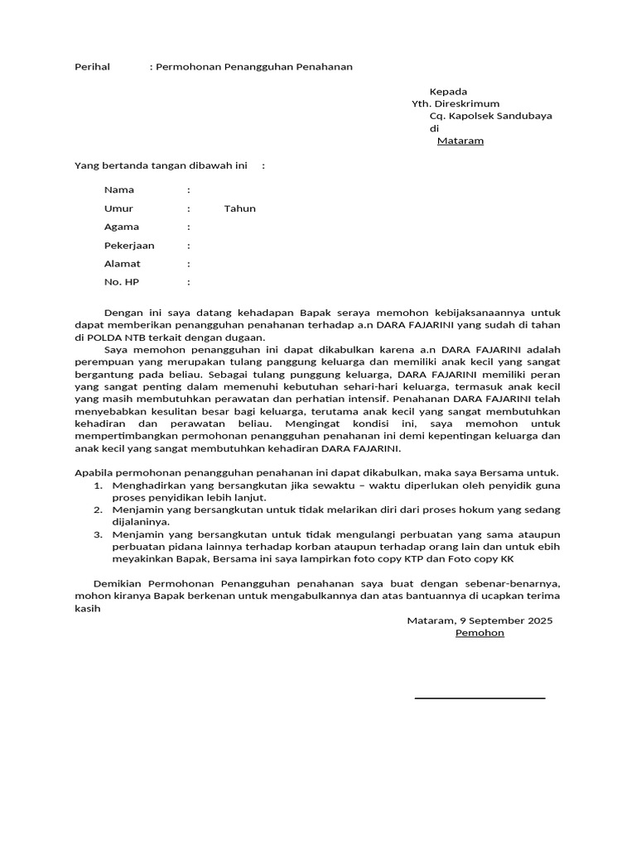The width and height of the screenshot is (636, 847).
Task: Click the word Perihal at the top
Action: click(x=92, y=66)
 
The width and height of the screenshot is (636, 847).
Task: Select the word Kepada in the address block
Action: click(x=448, y=91)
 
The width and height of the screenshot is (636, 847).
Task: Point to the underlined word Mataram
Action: click(x=460, y=141)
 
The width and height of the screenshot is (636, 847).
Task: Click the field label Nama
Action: click(x=119, y=190)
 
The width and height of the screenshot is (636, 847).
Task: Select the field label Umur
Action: click(x=118, y=208)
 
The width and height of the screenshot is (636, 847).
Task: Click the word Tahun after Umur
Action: click(x=239, y=208)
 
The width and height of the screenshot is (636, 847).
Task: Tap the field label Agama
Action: click(x=122, y=227)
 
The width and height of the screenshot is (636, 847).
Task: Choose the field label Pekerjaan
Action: click(x=129, y=246)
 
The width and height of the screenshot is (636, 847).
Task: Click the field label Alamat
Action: click(x=122, y=264)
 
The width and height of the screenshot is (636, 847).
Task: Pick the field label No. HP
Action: click(x=122, y=282)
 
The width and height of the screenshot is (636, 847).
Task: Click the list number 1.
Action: click(x=97, y=485)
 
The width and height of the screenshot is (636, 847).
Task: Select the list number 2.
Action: click(x=97, y=510)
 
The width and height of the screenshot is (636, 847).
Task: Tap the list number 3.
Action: click(x=97, y=534)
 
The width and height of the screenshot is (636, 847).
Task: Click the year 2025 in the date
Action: click(x=539, y=620)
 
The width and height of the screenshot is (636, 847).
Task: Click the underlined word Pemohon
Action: click(x=479, y=633)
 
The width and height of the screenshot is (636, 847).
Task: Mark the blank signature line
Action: click(x=479, y=698)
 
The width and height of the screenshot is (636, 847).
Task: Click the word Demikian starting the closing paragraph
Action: click(x=118, y=584)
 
